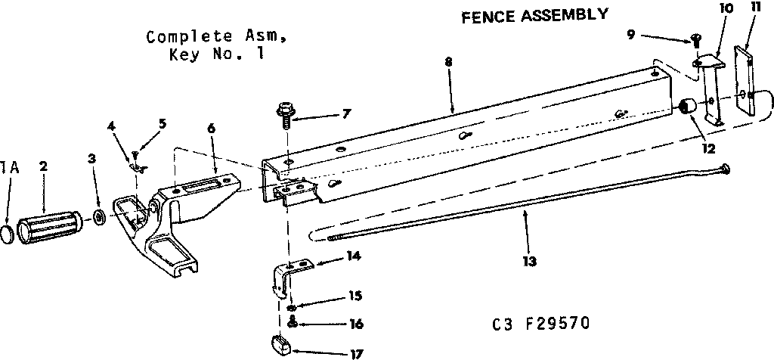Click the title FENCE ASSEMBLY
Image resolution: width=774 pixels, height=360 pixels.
tap(534, 15)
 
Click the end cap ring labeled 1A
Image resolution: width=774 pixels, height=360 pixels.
tap(6, 233)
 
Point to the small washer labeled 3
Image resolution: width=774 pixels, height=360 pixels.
tap(100, 219)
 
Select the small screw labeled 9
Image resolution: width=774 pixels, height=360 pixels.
tap(695, 42)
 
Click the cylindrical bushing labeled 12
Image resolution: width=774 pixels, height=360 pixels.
tap(687, 107)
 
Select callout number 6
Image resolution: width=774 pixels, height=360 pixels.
tap(210, 129)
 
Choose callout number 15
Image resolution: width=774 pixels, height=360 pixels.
tap(354, 295)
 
